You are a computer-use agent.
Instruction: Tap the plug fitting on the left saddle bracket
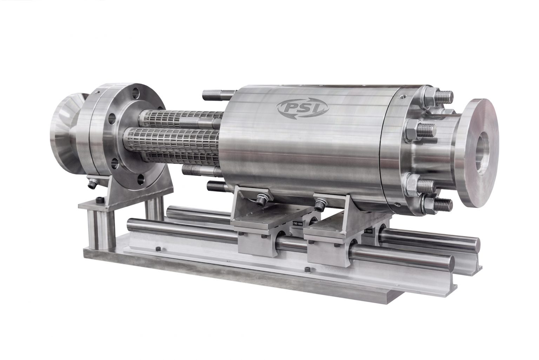pyautogui.click(x=262, y=199)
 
